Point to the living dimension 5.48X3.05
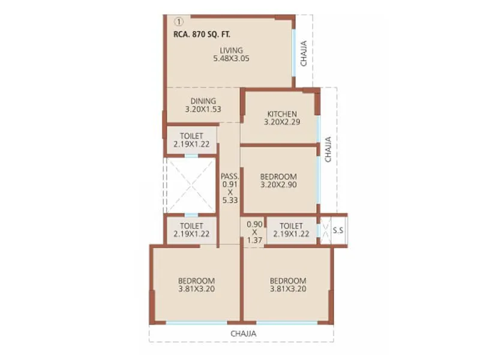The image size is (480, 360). click(231, 59)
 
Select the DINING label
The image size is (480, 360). click(203, 101)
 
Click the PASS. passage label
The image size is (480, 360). click(230, 176)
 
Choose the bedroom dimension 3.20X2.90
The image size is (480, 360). click(278, 185)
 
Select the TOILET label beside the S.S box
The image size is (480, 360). click(291, 226)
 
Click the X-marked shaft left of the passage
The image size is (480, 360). click(190, 185)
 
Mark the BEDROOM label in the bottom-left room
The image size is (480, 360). click(196, 280)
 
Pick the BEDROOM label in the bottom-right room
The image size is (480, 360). click(288, 280)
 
